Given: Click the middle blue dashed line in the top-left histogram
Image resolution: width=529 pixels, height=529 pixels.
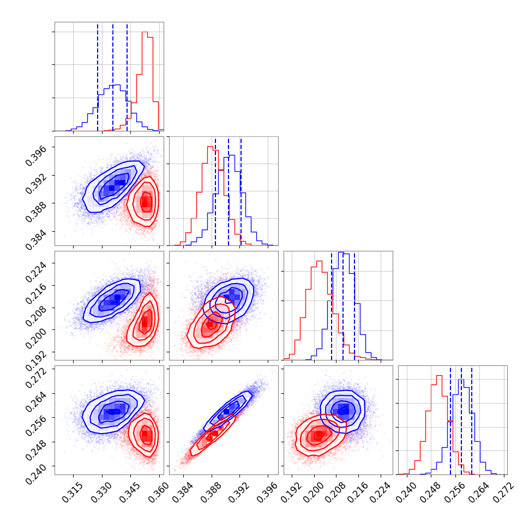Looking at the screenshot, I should [x=113, y=76].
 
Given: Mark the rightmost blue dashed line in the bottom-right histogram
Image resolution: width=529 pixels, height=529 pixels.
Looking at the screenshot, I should [x=472, y=420].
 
